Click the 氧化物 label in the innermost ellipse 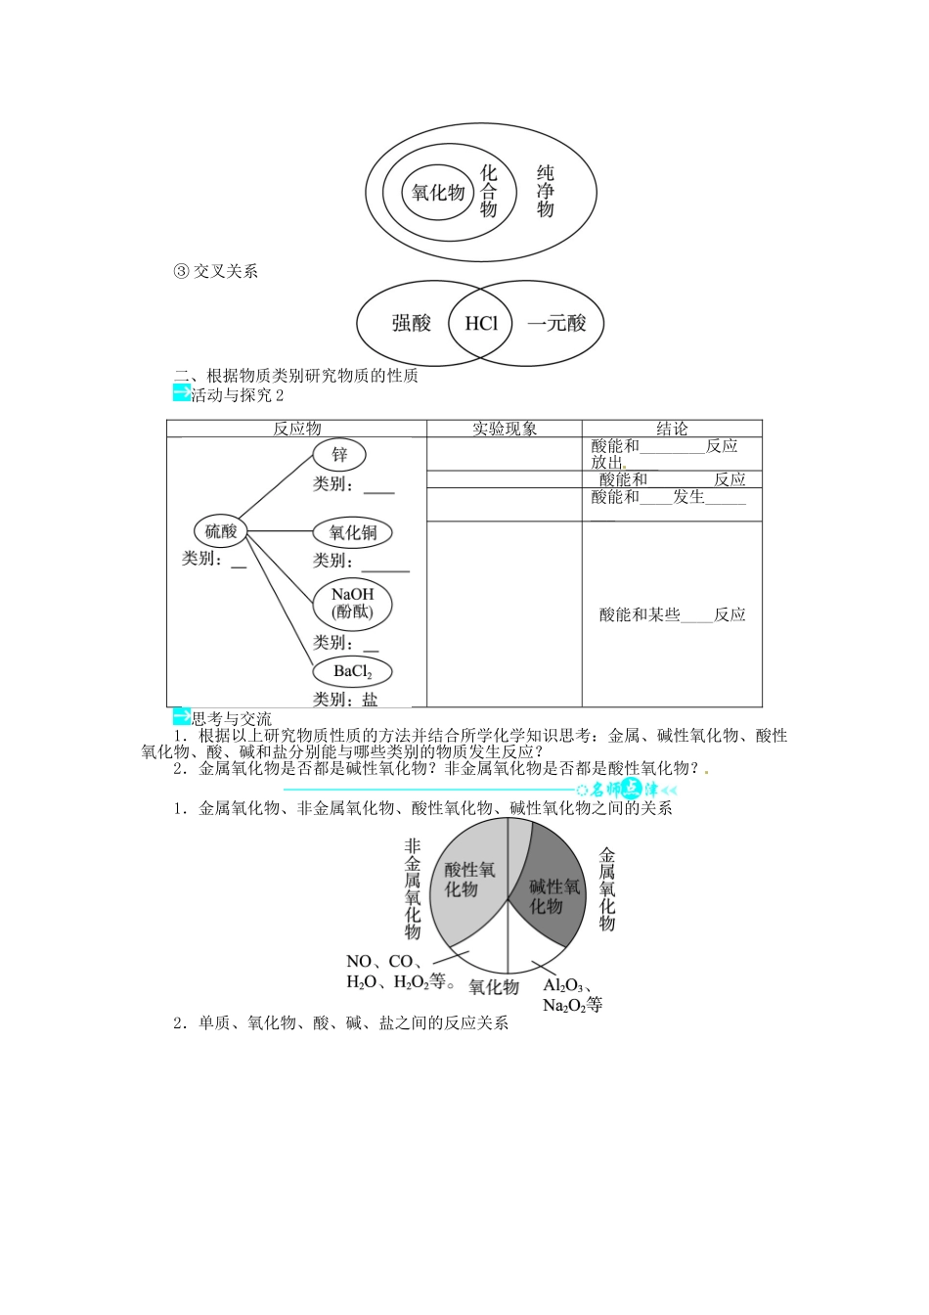(437, 193)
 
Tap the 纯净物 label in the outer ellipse (546, 192)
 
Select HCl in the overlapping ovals (481, 323)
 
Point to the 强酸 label (411, 323)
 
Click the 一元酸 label (556, 323)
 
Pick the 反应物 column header (296, 429)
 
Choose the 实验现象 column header (505, 429)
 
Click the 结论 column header (672, 429)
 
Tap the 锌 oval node (339, 455)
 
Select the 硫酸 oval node (220, 531)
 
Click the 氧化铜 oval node (352, 533)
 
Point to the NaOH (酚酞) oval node (352, 604)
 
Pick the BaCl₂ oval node (352, 671)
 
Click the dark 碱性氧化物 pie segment (553, 892)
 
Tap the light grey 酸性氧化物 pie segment (468, 880)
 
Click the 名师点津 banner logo (626, 789)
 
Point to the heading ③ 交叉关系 (215, 272)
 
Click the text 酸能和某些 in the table (640, 615)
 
